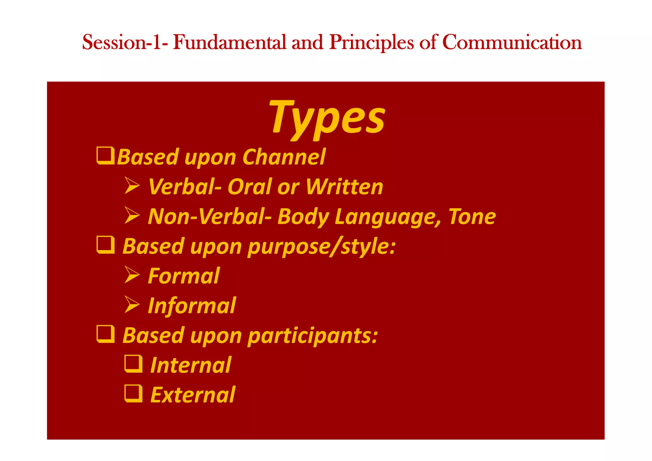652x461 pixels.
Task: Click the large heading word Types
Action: (327, 118)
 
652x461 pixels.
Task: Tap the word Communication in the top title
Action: (512, 42)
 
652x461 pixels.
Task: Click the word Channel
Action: (284, 157)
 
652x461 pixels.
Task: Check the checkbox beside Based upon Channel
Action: (105, 156)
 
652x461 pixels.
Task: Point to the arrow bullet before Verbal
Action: (132, 186)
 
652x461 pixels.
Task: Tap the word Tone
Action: (472, 216)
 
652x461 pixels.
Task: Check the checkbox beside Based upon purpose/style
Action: (105, 245)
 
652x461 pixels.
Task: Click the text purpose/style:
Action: (322, 247)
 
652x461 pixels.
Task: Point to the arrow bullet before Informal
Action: (132, 304)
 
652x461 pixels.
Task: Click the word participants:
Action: (313, 336)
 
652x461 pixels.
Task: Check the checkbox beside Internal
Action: (133, 364)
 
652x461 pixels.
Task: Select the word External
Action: (193, 395)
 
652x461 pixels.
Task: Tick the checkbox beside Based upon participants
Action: (105, 334)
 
